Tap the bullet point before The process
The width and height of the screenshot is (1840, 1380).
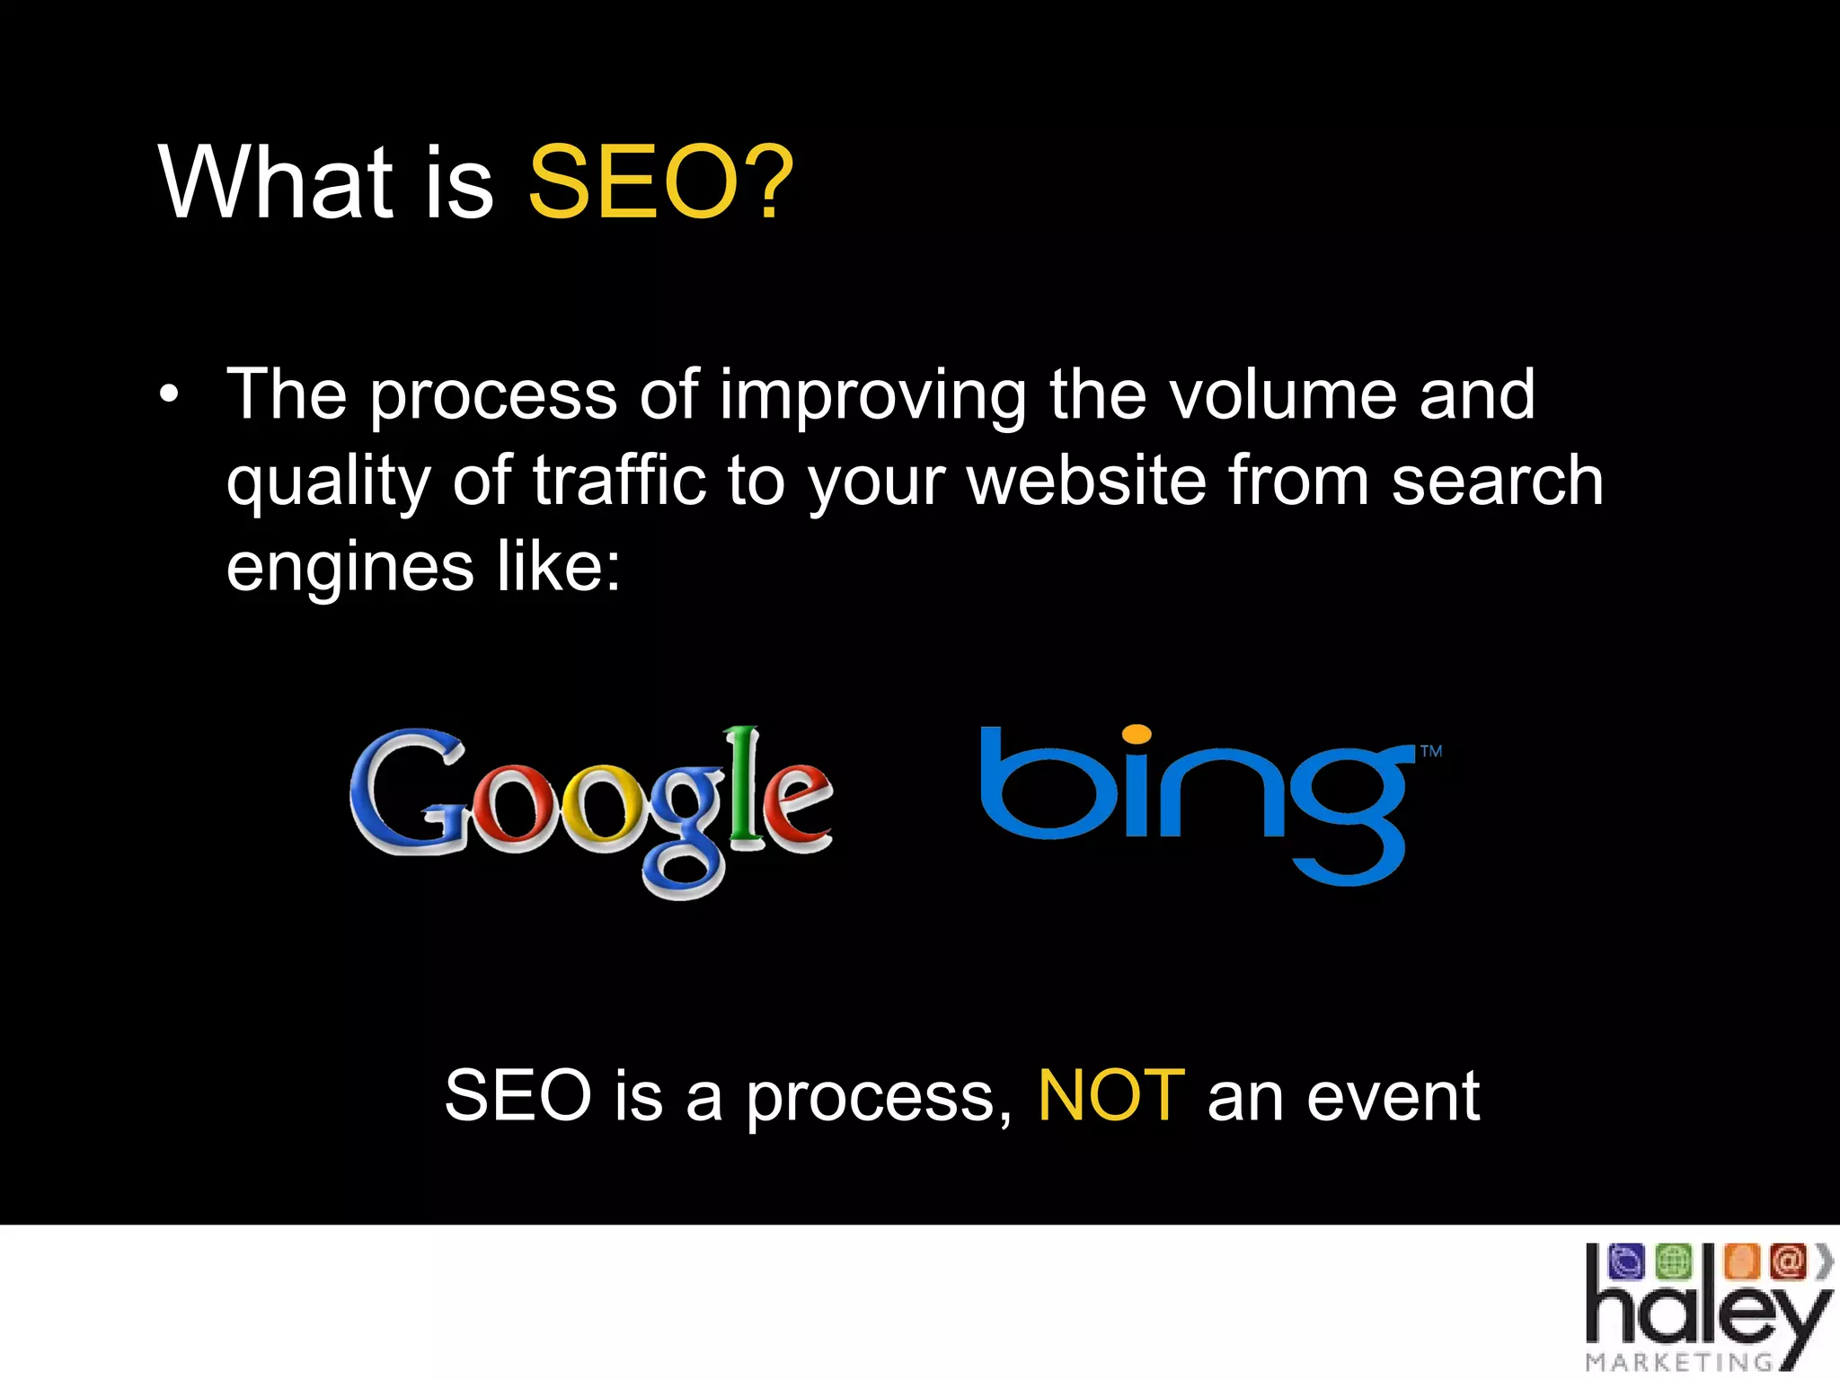click(169, 394)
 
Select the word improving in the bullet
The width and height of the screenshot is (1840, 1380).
click(872, 395)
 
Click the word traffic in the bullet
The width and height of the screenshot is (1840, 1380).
click(619, 481)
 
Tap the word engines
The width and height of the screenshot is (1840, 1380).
click(349, 568)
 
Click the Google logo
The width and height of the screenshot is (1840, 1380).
click(591, 809)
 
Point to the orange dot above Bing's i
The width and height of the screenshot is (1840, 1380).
click(1137, 734)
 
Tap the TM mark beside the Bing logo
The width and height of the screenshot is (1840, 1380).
click(1431, 751)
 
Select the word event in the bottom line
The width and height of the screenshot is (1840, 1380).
click(1392, 1096)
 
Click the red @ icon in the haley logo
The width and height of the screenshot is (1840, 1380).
click(1787, 1261)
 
